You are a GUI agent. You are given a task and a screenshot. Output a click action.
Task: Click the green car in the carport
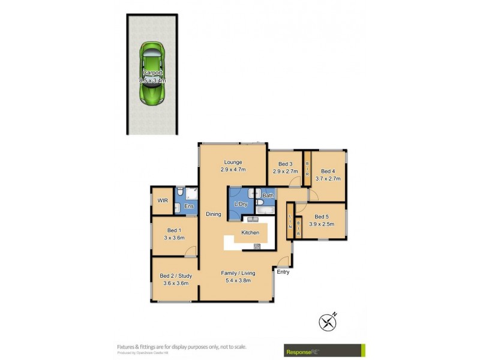coord(152,74)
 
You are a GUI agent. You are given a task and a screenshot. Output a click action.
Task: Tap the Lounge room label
coord(233,162)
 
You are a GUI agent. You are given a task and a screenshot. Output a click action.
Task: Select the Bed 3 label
coord(285,164)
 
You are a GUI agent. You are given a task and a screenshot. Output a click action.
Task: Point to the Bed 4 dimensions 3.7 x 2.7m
coord(328,178)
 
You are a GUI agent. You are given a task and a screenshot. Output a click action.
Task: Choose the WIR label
coord(162,200)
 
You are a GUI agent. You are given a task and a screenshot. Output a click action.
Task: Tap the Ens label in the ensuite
coord(188,207)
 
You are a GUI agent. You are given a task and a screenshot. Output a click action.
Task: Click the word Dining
coord(214,214)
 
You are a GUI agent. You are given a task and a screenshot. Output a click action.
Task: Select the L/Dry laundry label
coord(241,205)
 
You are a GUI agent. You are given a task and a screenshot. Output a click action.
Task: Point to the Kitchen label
coord(250,232)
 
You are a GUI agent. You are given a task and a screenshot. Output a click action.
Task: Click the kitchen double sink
coord(251,219)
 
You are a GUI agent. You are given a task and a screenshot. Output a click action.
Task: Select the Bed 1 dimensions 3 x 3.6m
coord(173,238)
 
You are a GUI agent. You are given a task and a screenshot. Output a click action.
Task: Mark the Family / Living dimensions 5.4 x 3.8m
coord(236,280)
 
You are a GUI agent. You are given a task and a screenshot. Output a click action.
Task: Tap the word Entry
coord(283,272)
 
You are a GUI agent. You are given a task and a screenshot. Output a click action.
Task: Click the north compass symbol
coord(327,322)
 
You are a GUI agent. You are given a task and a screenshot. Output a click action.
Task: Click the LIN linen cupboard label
coord(289,221)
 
